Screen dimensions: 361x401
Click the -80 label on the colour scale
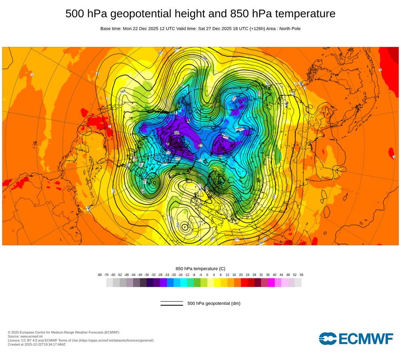click(99, 275)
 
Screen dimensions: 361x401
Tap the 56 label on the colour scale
click(301, 275)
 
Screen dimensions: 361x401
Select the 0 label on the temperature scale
click(207, 275)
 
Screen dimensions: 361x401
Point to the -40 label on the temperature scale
click(140, 275)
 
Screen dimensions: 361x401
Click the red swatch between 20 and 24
click(244, 283)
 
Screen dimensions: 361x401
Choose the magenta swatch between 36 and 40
click(271, 283)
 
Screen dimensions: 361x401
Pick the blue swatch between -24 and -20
click(170, 283)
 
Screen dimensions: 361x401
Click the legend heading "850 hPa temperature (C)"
click(200, 268)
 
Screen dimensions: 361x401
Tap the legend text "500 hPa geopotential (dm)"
click(214, 303)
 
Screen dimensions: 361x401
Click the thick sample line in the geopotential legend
click(172, 305)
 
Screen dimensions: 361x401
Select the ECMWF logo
click(356, 339)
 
